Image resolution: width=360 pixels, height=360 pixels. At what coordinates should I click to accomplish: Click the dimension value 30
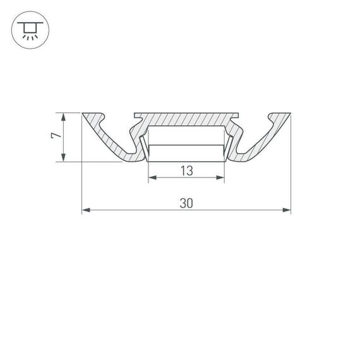[x=186, y=203]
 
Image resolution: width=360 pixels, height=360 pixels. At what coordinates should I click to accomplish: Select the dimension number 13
[x=186, y=171]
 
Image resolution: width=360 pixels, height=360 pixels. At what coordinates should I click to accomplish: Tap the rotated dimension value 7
[x=55, y=136]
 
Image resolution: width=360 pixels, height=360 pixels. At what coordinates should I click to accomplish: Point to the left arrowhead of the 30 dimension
[x=85, y=210]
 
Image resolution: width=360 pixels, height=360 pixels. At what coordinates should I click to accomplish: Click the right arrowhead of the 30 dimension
[x=287, y=210]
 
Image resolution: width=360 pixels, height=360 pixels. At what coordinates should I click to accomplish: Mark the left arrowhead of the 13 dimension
[x=152, y=178]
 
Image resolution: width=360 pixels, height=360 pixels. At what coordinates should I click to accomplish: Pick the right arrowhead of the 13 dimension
[x=221, y=178]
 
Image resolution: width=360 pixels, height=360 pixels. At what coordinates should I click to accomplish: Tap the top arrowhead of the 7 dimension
[x=63, y=116]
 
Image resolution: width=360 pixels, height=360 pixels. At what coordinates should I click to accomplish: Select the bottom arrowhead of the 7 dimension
[x=63, y=159]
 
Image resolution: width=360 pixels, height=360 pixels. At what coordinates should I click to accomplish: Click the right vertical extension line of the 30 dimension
[x=291, y=164]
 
